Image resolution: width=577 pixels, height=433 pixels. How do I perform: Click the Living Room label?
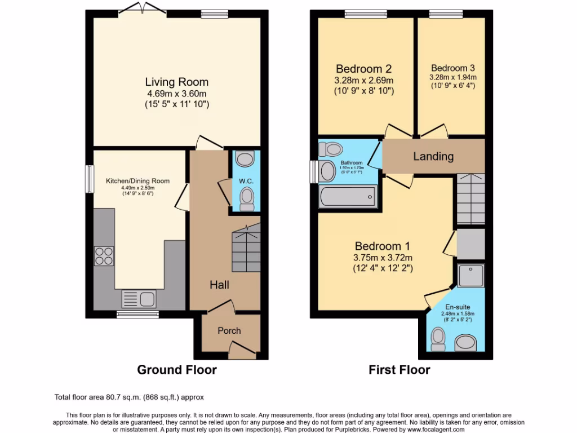coord(177,82)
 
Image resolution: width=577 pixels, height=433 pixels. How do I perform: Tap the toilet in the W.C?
coord(246,198)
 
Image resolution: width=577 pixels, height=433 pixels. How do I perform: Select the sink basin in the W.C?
coord(245,159)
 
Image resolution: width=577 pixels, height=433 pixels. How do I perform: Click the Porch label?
coord(229,330)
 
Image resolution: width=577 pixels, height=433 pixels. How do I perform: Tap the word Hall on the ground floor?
coord(219,285)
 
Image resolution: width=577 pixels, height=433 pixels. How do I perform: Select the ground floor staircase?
coord(246,248)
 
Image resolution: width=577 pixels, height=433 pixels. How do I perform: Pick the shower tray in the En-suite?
coord(471,275)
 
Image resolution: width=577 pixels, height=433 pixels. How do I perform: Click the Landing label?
coord(433,156)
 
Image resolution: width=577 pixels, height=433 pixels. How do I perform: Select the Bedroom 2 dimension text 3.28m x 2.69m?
coord(363,80)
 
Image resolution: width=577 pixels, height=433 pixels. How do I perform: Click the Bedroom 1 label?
coord(382,246)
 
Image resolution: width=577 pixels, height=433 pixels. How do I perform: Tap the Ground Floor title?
coord(177,370)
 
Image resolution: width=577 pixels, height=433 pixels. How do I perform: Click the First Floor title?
coord(399,370)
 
